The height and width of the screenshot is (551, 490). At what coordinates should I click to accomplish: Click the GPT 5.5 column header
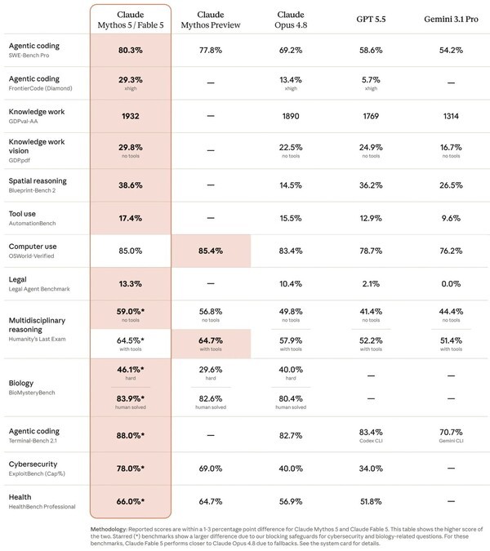(371, 20)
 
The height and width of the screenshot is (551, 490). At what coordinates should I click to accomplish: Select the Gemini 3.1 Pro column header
(451, 20)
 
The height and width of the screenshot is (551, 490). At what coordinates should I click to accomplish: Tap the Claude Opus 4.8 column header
(291, 20)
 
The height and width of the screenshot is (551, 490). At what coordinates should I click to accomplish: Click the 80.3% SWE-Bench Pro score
(131, 51)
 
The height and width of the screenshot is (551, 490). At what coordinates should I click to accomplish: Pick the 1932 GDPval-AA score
(131, 116)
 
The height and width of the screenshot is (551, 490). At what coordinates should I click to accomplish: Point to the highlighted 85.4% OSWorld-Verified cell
(211, 251)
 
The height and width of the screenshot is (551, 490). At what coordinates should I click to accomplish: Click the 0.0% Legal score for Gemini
(451, 283)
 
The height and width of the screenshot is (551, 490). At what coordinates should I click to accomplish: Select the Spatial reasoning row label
(38, 181)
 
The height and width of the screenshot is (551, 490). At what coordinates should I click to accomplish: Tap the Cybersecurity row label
(33, 464)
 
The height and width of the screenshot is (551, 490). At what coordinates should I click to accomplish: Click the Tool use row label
(22, 214)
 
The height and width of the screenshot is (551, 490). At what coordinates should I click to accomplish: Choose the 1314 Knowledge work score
(451, 116)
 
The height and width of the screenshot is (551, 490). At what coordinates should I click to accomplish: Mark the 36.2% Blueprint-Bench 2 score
(371, 185)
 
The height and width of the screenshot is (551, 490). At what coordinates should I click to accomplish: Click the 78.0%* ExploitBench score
(131, 469)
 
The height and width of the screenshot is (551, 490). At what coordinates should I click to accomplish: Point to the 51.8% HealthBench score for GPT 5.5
(371, 501)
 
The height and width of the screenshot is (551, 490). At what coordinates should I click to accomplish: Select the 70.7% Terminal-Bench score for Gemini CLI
(451, 432)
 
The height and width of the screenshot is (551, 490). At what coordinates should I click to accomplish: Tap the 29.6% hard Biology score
(211, 370)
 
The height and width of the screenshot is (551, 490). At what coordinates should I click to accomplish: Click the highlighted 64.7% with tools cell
(211, 344)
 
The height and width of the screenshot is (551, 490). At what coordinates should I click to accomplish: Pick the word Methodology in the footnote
(109, 529)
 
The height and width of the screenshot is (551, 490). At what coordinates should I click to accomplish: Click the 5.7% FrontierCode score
(371, 80)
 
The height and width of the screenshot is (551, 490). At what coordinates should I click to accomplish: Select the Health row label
(20, 497)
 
